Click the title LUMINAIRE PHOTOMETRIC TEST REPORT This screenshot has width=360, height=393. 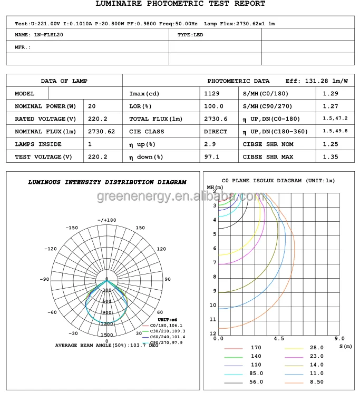180,4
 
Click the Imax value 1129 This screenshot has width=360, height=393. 212,94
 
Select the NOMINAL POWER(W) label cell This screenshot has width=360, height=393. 46,106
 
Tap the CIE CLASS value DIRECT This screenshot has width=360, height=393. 216,132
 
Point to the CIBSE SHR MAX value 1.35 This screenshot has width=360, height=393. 330,157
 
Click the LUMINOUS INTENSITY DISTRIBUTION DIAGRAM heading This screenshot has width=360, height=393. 107,182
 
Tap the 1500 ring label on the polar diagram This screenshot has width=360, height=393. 107,335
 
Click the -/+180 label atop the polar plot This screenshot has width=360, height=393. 107,220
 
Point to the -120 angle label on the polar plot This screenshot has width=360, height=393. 51,249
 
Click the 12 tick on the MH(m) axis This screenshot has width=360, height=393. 213,333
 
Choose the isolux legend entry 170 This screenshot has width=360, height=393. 256,348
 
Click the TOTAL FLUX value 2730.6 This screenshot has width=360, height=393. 216,119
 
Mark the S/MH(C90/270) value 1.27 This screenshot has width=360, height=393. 330,106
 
